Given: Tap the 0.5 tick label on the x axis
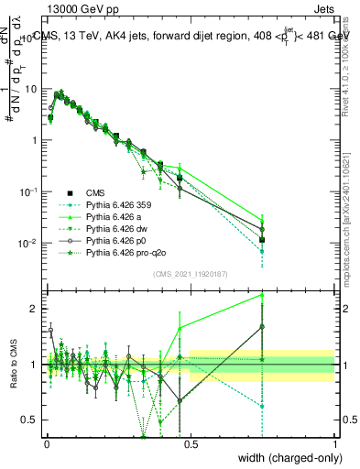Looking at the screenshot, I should coord(191,442).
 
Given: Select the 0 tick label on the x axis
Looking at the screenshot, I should coord(47,442).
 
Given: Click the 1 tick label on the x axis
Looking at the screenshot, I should coord(334,442).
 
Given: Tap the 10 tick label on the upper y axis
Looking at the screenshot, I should coord(30,89).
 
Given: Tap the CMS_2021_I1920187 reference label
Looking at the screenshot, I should coord(191,273).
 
